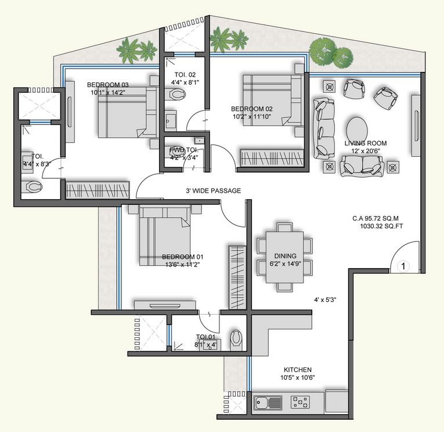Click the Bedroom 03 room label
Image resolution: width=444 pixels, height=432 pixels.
109,84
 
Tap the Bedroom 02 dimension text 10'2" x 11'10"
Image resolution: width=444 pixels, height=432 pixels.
251,117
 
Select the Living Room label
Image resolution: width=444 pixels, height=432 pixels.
365,143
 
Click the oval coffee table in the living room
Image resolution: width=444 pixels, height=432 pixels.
356,128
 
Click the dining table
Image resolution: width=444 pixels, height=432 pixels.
284,256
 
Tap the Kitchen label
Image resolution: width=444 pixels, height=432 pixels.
298,370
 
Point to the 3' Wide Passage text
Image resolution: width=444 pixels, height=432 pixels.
213,190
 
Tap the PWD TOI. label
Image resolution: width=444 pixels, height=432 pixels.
180,149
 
